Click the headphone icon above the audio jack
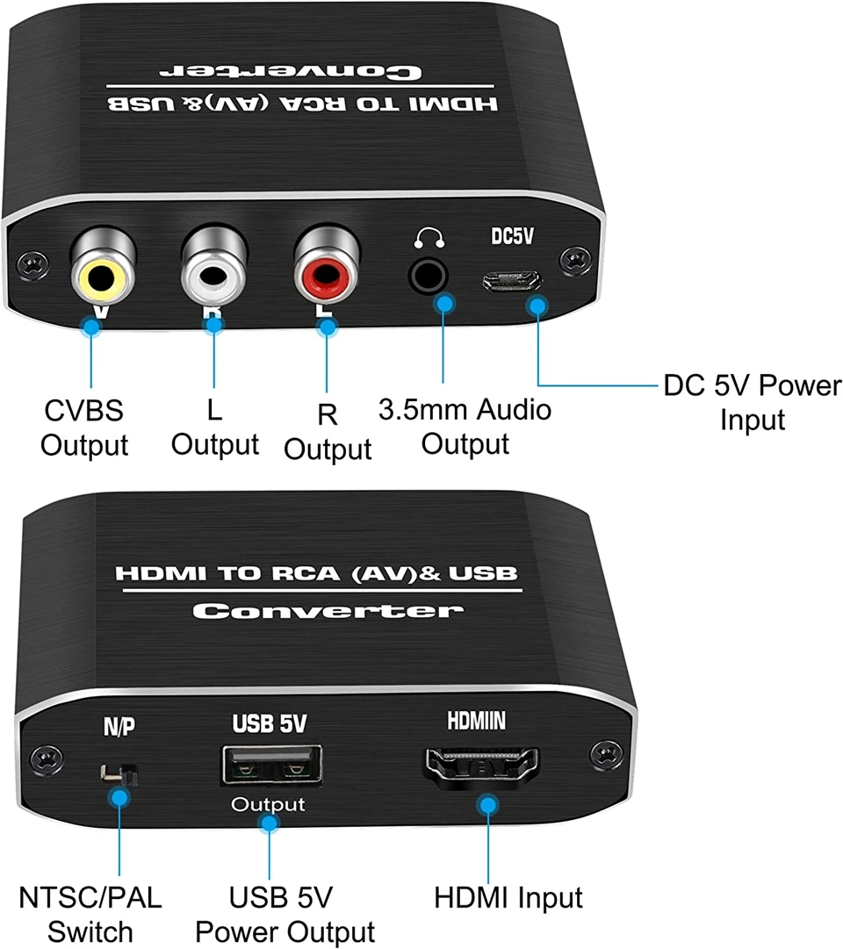[x=429, y=238]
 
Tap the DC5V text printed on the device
[x=511, y=238]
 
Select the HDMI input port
[x=481, y=766]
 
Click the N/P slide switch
[x=119, y=773]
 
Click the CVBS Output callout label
[x=84, y=428]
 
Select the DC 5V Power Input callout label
[x=752, y=402]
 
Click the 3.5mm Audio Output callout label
[x=465, y=426]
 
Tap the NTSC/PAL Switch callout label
[x=90, y=915]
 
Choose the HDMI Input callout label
[x=508, y=898]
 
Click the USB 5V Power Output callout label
[x=285, y=915]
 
